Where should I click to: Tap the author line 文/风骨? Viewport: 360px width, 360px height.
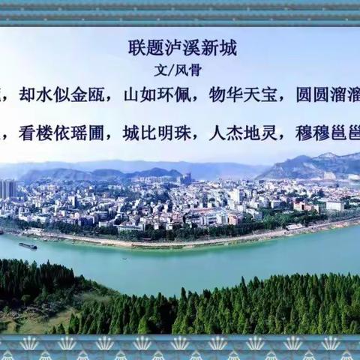173,70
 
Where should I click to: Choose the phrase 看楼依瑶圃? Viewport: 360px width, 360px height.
65,133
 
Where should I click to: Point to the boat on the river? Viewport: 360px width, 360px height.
28,245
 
